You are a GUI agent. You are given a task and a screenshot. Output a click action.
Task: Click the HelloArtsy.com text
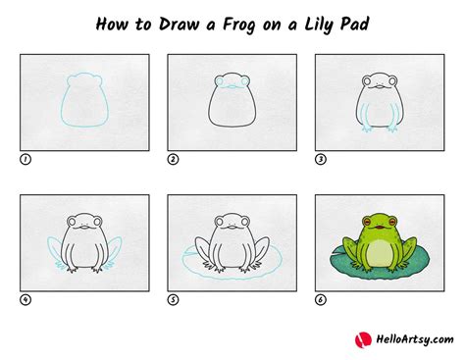pyautogui.click(x=412, y=340)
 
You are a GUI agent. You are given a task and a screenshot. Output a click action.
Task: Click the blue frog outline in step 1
pyautogui.click(x=84, y=103)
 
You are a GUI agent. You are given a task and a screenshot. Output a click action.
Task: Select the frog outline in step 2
pyautogui.click(x=232, y=103)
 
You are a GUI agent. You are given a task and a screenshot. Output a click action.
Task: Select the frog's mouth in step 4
pyautogui.click(x=84, y=229)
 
